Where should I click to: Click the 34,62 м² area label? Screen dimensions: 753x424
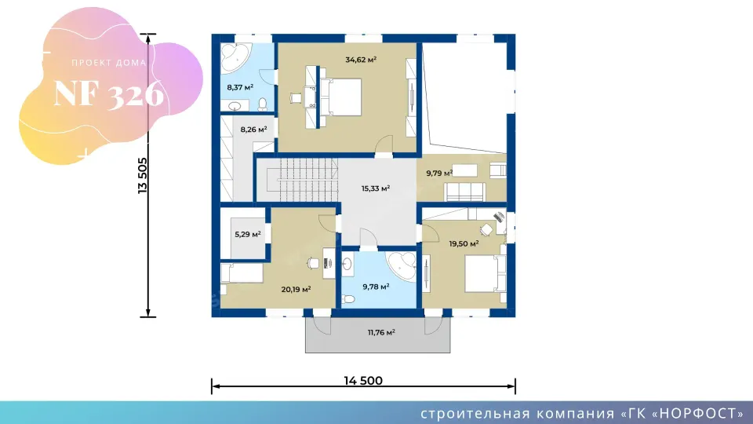(x=361, y=60)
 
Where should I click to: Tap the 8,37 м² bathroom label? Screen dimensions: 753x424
(x=240, y=87)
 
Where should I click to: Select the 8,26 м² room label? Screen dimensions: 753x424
(x=253, y=130)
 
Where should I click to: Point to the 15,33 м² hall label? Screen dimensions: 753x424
(x=376, y=188)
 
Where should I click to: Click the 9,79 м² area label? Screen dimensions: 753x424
(x=439, y=173)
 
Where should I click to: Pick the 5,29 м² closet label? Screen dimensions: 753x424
(x=248, y=235)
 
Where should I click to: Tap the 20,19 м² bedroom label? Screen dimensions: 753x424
(x=296, y=290)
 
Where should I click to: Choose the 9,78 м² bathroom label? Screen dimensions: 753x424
(x=376, y=287)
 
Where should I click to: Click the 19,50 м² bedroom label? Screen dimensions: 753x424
(x=464, y=243)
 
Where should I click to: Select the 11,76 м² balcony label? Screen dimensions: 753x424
(x=381, y=332)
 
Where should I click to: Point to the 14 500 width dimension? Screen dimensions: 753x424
(x=363, y=381)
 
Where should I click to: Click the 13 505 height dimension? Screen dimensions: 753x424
(x=143, y=175)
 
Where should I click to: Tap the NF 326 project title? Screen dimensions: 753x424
(x=109, y=93)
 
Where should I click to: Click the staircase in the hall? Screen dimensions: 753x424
(x=307, y=181)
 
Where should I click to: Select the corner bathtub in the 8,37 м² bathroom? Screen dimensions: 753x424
(x=235, y=58)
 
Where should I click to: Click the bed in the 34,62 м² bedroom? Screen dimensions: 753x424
(x=341, y=97)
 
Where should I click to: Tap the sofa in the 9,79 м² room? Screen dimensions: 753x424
(x=464, y=192)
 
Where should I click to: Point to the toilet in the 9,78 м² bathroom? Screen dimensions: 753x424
(x=348, y=299)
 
